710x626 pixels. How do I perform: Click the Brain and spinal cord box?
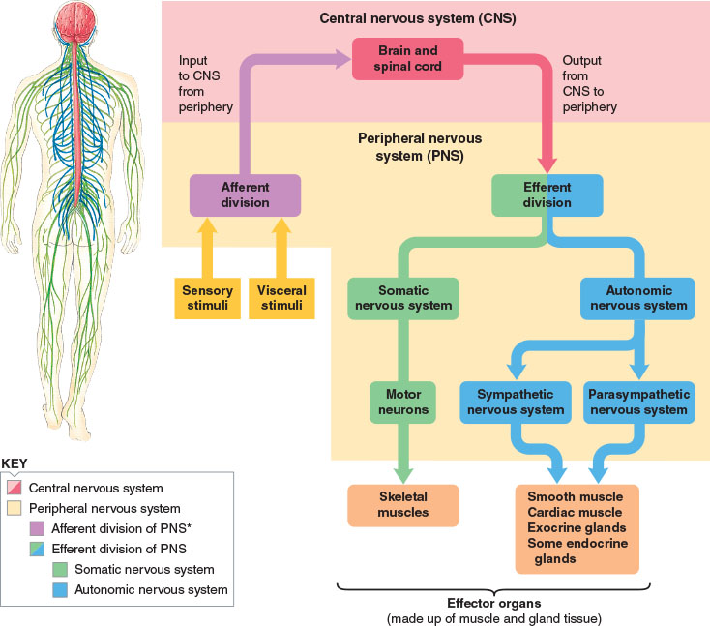(407, 59)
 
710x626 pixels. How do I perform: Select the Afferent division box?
(245, 195)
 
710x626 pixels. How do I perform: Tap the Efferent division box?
(547, 195)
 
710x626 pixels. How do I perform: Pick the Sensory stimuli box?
(207, 298)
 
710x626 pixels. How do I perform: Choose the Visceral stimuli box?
(281, 298)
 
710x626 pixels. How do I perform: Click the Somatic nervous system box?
(403, 299)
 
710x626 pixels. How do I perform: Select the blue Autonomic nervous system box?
(637, 299)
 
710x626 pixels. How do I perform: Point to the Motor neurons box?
(403, 402)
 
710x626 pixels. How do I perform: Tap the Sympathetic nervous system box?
(516, 402)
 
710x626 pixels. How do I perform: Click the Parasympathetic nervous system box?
(639, 402)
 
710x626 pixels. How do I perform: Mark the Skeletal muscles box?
(403, 505)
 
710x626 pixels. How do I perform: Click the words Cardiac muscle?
(575, 512)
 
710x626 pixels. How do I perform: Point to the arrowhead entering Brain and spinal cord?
(342, 59)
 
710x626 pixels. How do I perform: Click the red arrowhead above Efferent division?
(547, 164)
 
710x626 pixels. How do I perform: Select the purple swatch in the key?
(37, 528)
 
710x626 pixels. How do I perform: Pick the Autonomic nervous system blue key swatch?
(60, 590)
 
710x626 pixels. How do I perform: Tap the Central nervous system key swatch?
(15, 488)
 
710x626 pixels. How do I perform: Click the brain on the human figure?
(75, 21)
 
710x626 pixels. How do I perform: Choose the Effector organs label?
(494, 604)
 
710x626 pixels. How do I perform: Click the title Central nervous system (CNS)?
(418, 18)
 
